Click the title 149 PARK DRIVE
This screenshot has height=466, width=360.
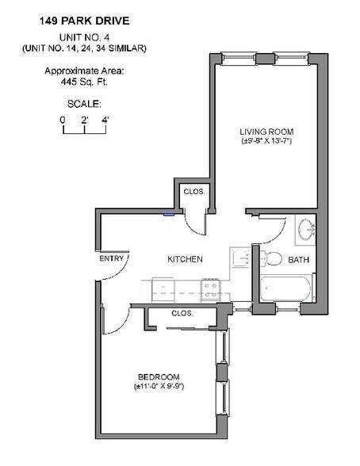85,21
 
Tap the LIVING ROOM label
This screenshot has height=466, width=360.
266,132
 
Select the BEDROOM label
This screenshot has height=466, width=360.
159,377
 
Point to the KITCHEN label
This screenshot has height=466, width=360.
185,259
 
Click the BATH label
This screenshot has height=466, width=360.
298,260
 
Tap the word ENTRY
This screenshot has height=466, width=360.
112,258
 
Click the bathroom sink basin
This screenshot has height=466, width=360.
307,230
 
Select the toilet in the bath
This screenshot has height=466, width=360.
271,258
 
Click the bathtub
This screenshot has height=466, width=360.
286,288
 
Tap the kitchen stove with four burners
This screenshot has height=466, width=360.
210,290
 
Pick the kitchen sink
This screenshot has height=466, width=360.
241,258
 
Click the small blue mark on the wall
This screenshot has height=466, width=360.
169,213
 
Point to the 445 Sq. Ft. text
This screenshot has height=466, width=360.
84,82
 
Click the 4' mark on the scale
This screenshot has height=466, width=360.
105,120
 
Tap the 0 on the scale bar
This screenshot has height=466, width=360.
63,120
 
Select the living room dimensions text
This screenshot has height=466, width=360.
266,140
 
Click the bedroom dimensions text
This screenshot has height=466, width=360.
159,387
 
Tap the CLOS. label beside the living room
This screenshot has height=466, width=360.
194,192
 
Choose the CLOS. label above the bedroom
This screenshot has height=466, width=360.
182,313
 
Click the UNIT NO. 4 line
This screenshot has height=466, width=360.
84,37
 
